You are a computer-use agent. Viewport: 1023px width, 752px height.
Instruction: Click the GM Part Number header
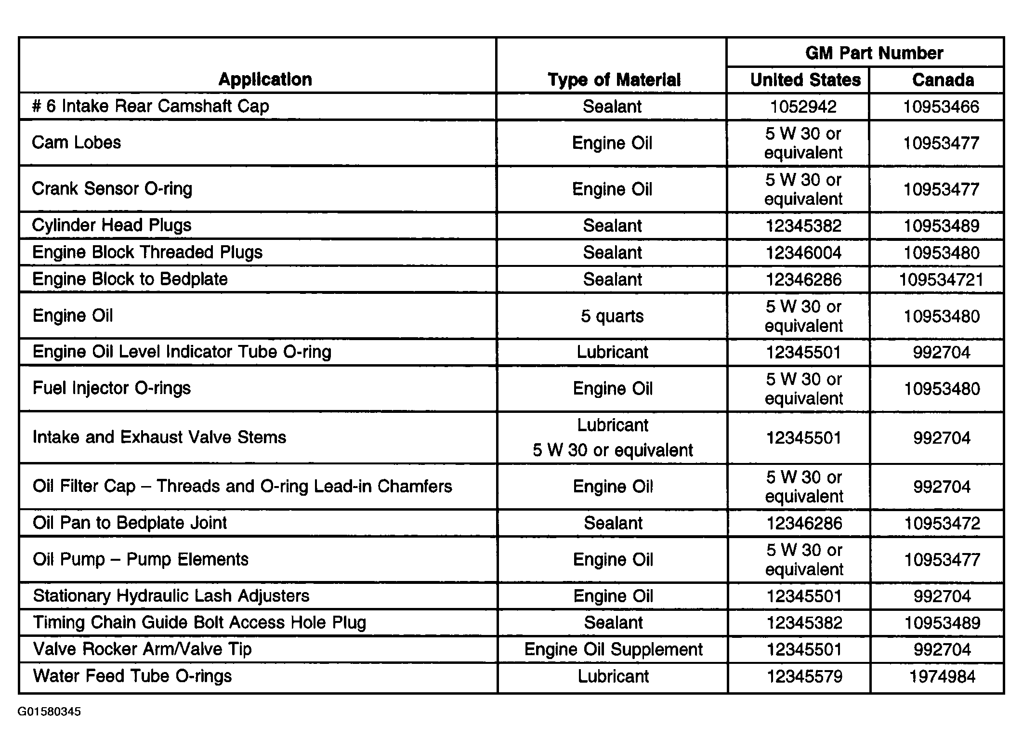coord(874,53)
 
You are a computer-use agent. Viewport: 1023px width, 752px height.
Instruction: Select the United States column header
coord(805,80)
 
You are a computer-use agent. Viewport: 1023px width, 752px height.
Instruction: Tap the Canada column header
coord(943,80)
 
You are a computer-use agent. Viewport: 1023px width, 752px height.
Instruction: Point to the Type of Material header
coord(614,80)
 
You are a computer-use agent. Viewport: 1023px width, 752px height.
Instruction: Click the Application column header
coord(265,79)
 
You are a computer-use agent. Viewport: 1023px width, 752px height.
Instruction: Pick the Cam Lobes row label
coord(76,143)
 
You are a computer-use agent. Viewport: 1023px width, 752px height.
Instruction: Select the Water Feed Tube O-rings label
coord(132,676)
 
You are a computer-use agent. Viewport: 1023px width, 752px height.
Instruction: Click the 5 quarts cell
coord(612,316)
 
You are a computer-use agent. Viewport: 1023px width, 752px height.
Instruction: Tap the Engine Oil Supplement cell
coord(613,649)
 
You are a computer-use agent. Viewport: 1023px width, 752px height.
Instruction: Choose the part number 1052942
coord(803,106)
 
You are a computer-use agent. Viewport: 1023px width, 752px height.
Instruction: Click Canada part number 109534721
coord(941,279)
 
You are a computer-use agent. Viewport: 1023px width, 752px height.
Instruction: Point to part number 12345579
coord(804,676)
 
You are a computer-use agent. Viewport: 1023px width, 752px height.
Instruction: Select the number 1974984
coord(942,676)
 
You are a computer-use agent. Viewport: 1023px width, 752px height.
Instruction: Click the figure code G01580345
coord(49,712)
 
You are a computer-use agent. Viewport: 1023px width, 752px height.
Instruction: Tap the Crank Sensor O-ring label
coord(112,189)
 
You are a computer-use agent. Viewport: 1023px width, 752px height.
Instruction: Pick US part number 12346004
coord(803,253)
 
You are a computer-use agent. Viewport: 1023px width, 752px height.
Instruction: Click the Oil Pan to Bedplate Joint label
coord(130,523)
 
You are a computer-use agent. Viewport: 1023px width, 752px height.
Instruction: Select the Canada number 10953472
coord(942,523)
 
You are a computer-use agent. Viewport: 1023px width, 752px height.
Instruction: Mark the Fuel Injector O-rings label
coord(111,388)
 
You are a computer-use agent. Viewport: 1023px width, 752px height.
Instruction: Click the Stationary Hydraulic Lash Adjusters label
coord(171,596)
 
